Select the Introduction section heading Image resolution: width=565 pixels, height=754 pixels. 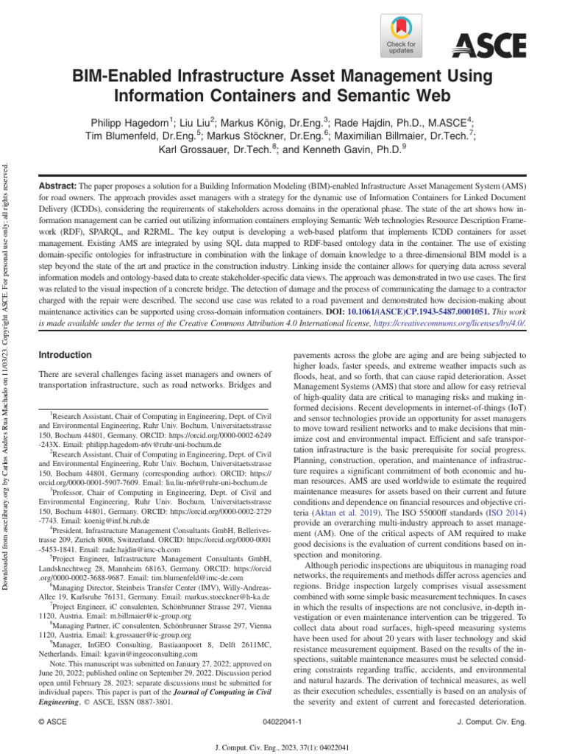click(65, 355)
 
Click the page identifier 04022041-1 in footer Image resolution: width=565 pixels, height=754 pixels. click(282, 722)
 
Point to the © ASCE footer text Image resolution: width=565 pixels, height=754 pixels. click(52, 722)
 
